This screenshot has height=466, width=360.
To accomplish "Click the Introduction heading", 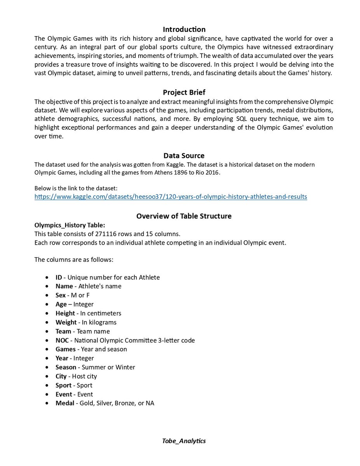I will point(184,30).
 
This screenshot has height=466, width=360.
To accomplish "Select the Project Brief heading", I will point(184,92).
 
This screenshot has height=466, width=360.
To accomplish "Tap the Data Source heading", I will point(184,156).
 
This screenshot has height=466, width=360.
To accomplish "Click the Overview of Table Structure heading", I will point(184,216).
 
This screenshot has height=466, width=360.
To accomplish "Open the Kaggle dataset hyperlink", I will point(170,196).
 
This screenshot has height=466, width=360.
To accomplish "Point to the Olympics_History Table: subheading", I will point(70,225).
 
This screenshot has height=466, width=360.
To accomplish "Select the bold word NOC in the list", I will point(62,340).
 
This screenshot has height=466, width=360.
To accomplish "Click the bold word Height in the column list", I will point(65,313).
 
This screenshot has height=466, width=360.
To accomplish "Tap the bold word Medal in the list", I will point(64,403).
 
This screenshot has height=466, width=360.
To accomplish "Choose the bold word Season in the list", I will point(66,367).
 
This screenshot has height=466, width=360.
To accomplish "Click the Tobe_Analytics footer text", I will point(184,441).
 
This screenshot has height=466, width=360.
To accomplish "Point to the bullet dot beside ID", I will point(47,277).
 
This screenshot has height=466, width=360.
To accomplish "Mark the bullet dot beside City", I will point(47,376).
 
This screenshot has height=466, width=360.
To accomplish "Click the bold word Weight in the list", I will point(66,322).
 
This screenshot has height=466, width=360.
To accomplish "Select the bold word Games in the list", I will point(65,349).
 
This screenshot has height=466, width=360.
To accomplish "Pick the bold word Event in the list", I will point(63,394).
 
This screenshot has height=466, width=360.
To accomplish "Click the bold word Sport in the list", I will point(63,385).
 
